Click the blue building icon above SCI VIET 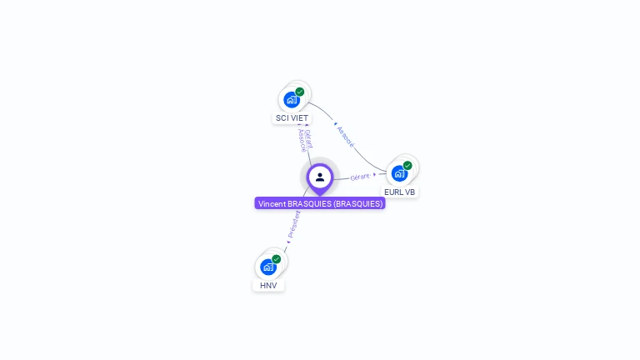click(x=291, y=100)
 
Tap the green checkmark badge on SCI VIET click(x=300, y=92)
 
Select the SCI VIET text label click(x=292, y=118)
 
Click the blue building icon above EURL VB click(x=399, y=173)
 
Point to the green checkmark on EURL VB click(x=407, y=165)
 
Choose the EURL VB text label click(x=399, y=192)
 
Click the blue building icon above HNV click(x=267, y=267)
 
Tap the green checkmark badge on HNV click(x=277, y=258)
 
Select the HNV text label click(x=267, y=285)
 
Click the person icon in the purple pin click(x=320, y=177)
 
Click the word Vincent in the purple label click(x=272, y=203)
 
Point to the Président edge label click(x=293, y=223)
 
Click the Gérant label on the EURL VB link click(x=360, y=177)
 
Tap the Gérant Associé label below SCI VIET click(x=306, y=140)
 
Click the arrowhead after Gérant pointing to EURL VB click(x=375, y=175)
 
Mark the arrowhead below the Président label click(x=288, y=242)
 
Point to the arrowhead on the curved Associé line click(x=335, y=124)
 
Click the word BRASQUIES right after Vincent click(x=309, y=203)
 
